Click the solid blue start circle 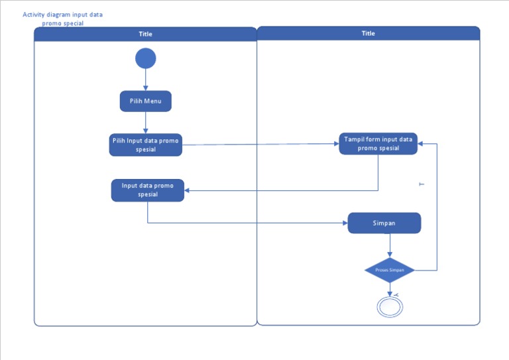click(x=145, y=58)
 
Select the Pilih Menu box click(x=145, y=101)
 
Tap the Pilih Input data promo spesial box click(x=145, y=145)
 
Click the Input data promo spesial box click(x=147, y=190)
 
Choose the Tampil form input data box click(x=378, y=143)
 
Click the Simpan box click(x=384, y=223)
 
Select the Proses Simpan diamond click(x=390, y=270)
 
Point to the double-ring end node click(x=390, y=307)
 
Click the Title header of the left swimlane click(x=145, y=34)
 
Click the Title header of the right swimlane click(x=368, y=33)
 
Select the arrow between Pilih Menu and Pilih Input click(x=145, y=123)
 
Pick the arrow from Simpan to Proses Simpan click(x=390, y=245)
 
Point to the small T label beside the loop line click(x=421, y=184)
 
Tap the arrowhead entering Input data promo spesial click(x=188, y=190)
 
